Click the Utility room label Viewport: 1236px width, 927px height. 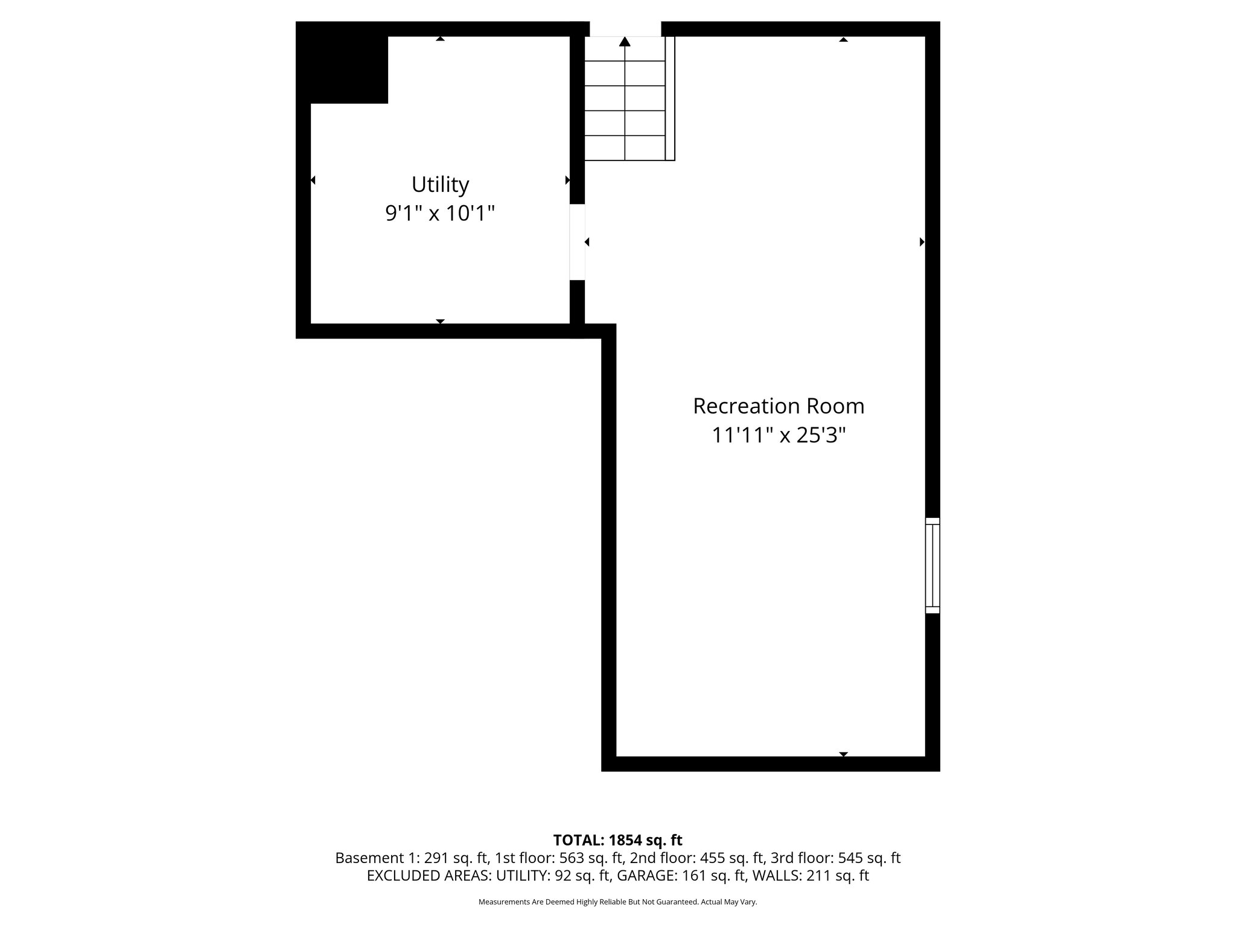coord(440,184)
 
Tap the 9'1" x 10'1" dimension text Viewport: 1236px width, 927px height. coord(440,214)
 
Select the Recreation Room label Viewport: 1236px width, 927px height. coord(778,406)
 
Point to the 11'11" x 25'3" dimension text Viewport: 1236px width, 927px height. coord(778,435)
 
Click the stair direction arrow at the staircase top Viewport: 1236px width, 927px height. coord(625,42)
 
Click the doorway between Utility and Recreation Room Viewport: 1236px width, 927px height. coord(578,242)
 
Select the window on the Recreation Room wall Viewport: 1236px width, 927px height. coord(932,565)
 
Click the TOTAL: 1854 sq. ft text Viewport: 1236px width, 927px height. coord(617,840)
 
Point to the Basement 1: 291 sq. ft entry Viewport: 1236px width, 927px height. coord(411,858)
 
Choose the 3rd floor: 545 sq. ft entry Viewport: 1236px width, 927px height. coord(836,858)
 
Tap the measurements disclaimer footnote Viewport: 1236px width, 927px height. coord(617,902)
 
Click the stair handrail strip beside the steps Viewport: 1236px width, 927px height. coord(670,98)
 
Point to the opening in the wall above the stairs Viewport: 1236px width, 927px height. coord(625,28)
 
